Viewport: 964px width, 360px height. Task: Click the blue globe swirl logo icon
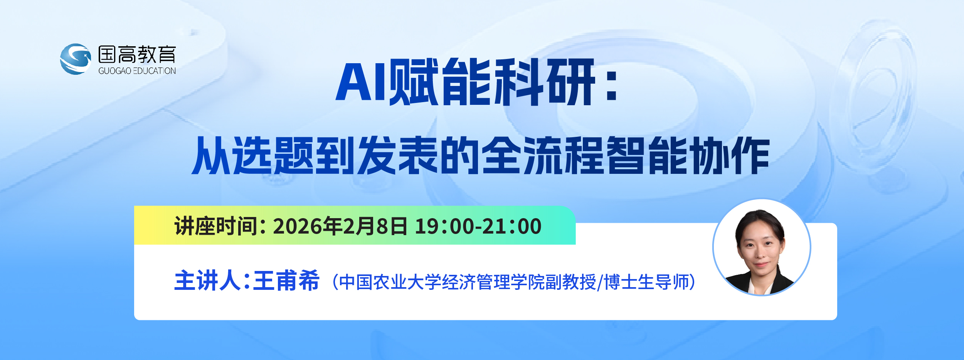click(x=76, y=59)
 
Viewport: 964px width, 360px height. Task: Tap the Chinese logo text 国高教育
click(x=137, y=54)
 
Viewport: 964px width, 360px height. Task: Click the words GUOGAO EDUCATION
click(x=137, y=71)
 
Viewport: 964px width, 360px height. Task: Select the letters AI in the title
click(x=361, y=82)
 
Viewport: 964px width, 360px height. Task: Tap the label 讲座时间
click(x=216, y=226)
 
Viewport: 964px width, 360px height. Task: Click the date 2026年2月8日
click(x=340, y=226)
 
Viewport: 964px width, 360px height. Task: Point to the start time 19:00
click(x=445, y=226)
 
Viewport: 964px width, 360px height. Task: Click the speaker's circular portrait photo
click(x=762, y=247)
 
